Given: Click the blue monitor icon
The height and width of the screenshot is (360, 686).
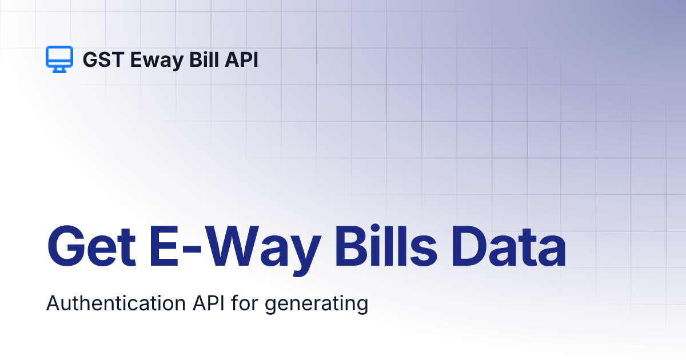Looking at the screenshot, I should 59,58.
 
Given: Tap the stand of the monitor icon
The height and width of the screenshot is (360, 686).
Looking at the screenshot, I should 59,69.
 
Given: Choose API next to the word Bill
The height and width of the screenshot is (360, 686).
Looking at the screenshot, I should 241,59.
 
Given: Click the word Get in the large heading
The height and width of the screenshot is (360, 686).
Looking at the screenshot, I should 91,247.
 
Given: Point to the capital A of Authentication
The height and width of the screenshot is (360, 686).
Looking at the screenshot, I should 53,303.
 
